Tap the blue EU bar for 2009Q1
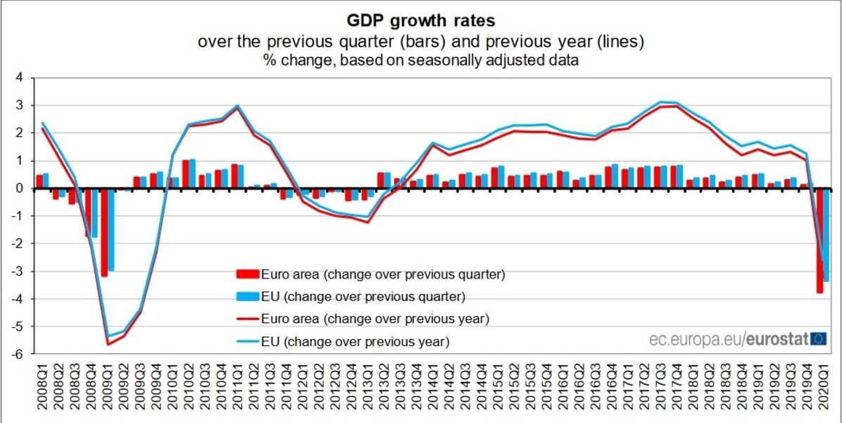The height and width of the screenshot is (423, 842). click(x=111, y=229)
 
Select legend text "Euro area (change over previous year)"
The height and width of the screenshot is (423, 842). click(x=375, y=319)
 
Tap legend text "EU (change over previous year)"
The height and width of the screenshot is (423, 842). click(x=355, y=341)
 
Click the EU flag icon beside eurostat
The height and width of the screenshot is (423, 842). click(x=819, y=339)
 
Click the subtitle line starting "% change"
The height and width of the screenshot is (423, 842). click(x=421, y=61)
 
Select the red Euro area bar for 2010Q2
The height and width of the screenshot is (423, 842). click(x=186, y=174)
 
